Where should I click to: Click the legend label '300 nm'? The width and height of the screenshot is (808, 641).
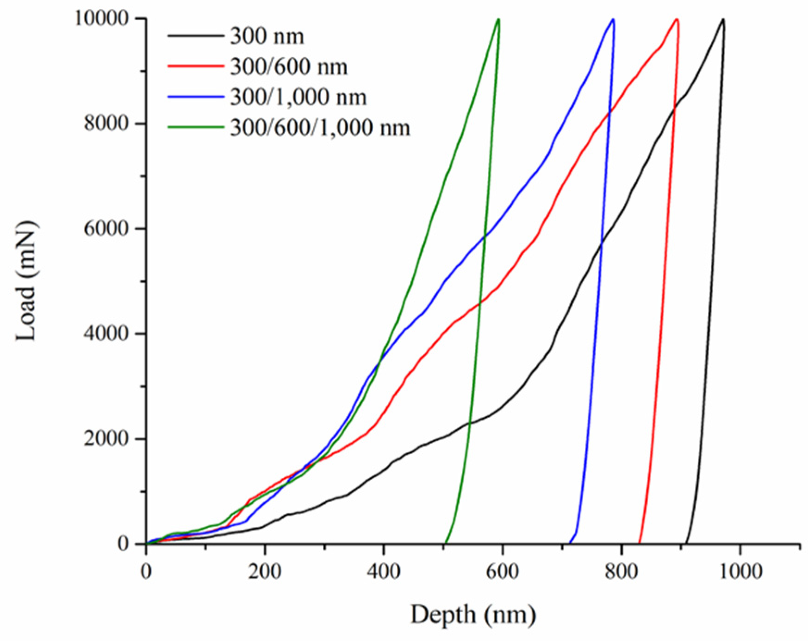(267, 37)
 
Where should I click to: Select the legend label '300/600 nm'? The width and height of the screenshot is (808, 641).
(289, 67)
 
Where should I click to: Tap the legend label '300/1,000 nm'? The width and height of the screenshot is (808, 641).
(298, 97)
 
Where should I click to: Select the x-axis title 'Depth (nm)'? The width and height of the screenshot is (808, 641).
(472, 615)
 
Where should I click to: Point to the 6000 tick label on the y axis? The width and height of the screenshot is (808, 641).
(106, 229)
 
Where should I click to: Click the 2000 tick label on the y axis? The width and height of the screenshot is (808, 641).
(106, 438)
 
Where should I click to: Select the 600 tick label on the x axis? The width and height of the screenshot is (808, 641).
(503, 572)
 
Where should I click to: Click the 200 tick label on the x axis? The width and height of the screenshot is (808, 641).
(265, 572)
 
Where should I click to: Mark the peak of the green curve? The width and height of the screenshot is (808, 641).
(498, 19)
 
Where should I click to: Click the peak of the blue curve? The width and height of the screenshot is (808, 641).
(613, 19)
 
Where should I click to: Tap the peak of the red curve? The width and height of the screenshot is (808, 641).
(677, 19)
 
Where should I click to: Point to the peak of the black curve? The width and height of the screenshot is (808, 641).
(722, 19)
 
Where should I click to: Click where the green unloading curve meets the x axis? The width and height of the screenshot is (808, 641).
(445, 543)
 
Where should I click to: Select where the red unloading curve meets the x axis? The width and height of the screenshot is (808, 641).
(639, 543)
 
